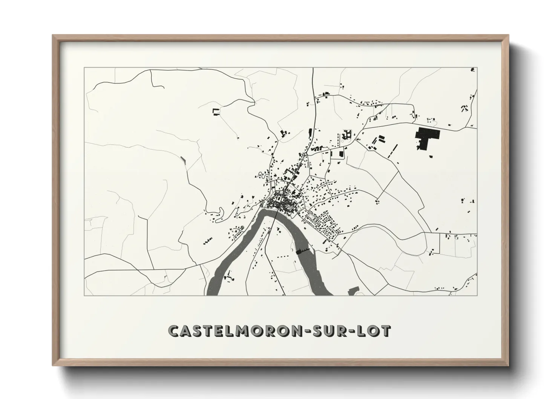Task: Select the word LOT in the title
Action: point(377,331)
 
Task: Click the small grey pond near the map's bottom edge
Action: point(353,291)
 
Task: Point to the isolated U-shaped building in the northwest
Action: point(216,112)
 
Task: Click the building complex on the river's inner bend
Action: point(228,278)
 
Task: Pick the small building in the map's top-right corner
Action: point(472,69)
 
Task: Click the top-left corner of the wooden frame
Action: point(54,36)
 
